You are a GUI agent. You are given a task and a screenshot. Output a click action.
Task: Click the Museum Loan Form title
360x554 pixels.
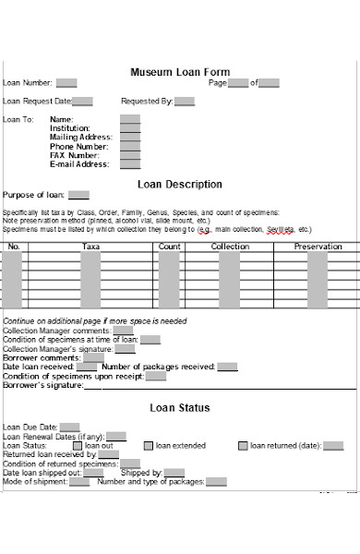tap(180, 71)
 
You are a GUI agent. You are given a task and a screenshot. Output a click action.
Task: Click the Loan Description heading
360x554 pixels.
tap(179, 184)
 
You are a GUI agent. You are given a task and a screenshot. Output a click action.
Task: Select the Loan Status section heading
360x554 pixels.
tap(179, 407)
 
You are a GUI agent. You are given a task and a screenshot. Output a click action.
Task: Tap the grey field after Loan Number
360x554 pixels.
tap(66, 83)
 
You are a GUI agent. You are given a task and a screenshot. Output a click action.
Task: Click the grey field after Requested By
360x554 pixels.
tap(185, 102)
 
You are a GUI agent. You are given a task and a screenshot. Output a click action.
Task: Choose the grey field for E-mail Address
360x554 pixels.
tap(130, 165)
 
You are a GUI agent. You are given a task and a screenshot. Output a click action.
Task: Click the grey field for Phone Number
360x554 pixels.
tap(130, 147)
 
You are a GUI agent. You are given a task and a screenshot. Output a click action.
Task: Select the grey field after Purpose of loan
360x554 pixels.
tap(79, 195)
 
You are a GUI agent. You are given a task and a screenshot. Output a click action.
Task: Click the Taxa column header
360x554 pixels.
tap(90, 247)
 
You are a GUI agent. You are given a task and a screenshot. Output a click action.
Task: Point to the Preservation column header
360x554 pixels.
tap(318, 247)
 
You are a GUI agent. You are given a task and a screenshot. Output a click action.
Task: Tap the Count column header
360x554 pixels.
tap(169, 247)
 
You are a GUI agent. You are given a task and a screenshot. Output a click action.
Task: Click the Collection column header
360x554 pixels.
tap(230, 247)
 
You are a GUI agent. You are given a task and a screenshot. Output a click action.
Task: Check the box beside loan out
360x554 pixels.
tap(78, 446)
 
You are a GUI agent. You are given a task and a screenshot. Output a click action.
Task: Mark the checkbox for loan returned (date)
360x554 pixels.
tap(244, 446)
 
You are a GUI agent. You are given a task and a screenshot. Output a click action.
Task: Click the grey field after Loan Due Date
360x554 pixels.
tap(71, 428)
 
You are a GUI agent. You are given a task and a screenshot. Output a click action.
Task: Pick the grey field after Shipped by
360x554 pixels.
tap(175, 473)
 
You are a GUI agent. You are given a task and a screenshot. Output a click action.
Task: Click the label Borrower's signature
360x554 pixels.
tap(42, 385)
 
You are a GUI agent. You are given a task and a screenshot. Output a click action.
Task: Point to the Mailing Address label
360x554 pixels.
tap(79, 138)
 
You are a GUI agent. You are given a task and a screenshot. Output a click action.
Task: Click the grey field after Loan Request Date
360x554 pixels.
tap(82, 102)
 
